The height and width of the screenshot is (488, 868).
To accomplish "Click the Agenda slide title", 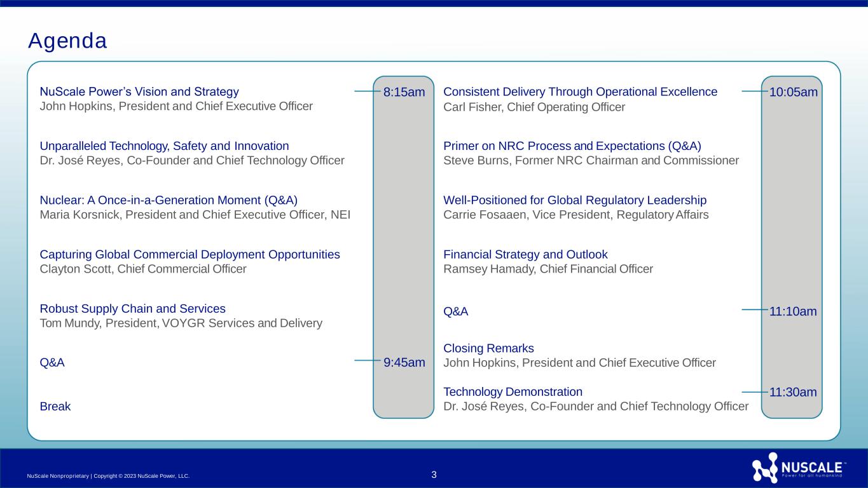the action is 67,41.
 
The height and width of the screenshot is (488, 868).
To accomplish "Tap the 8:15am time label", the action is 404,92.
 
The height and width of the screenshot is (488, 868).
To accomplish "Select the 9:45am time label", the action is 404,363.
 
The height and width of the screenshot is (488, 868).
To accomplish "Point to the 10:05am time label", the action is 793,92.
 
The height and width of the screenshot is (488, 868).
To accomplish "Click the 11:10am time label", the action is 793,311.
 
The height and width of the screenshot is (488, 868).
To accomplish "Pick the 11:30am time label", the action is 793,392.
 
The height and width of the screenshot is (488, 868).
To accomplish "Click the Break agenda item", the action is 55,406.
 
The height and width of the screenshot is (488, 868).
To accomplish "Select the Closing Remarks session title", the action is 488,348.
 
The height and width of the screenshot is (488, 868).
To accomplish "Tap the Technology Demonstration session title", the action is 513,391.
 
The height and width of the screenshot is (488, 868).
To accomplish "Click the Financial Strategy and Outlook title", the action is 525,254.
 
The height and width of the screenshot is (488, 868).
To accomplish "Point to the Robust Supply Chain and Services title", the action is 132,309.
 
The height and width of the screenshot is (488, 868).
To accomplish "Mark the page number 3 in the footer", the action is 434,475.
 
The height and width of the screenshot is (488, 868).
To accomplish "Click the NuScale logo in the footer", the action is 799,468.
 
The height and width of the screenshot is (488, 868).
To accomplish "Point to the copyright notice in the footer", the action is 109,476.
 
